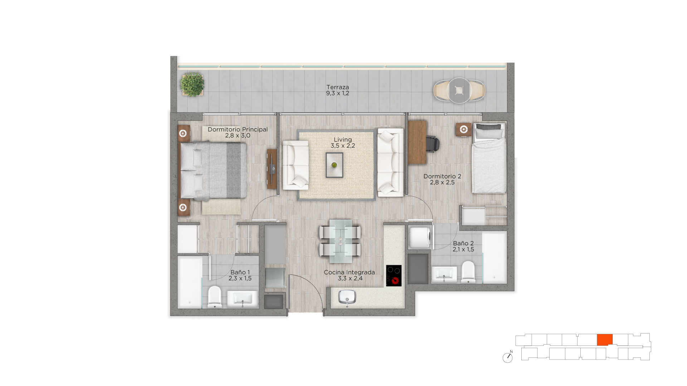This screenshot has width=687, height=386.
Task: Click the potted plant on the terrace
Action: [x=192, y=84]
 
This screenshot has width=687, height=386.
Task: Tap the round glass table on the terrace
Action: [x=459, y=90]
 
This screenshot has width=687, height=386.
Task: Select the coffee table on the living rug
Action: [x=334, y=165]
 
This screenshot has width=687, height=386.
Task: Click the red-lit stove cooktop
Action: [x=394, y=276]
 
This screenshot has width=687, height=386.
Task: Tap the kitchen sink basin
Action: [x=347, y=297]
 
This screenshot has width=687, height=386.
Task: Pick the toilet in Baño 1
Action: [x=215, y=296]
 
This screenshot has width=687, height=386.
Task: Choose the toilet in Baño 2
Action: [x=468, y=272]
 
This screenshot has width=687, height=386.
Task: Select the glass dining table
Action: [x=340, y=238]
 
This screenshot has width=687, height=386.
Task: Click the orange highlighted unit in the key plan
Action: [x=605, y=340]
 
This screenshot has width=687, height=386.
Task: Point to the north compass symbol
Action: [x=508, y=357]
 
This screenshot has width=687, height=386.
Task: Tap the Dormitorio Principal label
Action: [x=238, y=129]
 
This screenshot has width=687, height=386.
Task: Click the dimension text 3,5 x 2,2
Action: [x=343, y=146]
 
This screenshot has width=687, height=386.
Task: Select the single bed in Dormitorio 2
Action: [x=489, y=158]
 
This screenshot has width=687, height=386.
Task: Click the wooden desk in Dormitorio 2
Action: [x=417, y=142]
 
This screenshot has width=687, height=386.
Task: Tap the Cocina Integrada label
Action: [x=349, y=272]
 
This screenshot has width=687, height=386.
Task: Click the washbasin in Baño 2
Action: [x=444, y=274]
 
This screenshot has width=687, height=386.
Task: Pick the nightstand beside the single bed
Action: [x=464, y=129]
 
